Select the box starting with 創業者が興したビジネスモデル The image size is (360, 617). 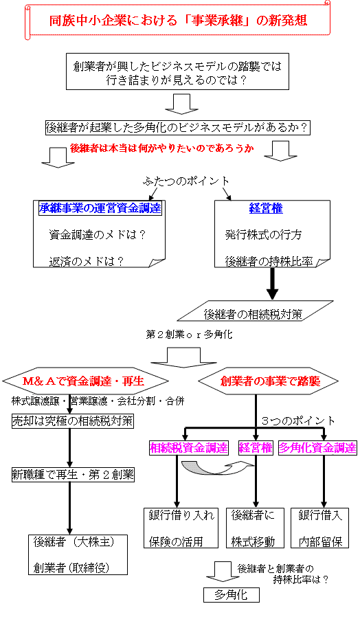click(x=177, y=71)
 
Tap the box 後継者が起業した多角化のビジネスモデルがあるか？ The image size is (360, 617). click(x=177, y=128)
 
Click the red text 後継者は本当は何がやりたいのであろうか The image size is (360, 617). click(x=161, y=148)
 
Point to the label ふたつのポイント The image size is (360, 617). click(x=186, y=181)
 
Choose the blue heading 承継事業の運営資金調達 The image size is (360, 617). click(x=100, y=207)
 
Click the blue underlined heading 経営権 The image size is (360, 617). click(x=266, y=208)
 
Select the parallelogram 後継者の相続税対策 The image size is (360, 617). click(x=255, y=311)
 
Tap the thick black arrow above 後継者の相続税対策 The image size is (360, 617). click(x=272, y=283)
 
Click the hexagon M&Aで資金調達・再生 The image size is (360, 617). click(x=85, y=381)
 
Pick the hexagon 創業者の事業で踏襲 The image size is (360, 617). click(x=269, y=381)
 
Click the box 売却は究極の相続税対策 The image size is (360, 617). click(x=72, y=421)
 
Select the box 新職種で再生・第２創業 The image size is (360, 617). click(x=73, y=475)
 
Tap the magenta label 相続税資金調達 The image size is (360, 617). click(x=189, y=448)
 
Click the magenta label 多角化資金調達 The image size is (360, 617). click(x=317, y=448)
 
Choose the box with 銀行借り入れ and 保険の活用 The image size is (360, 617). click(x=181, y=528)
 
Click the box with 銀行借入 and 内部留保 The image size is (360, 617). click(x=320, y=528)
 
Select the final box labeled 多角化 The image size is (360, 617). click(x=232, y=595)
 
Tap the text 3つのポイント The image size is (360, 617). click(x=298, y=421)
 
